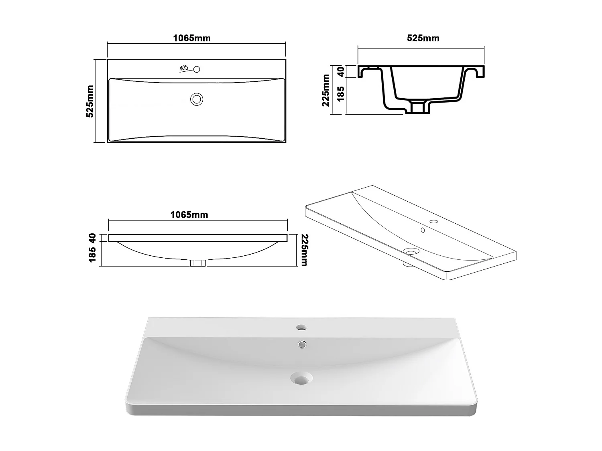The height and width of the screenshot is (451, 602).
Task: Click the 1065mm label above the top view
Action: click(191, 38)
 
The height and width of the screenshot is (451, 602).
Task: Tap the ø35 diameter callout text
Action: click(184, 69)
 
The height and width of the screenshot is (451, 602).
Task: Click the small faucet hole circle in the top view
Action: click(197, 69)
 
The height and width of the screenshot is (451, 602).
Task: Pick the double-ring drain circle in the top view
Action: click(197, 99)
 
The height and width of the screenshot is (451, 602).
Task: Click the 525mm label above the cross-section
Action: click(423, 38)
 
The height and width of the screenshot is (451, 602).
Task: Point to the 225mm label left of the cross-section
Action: click(325, 90)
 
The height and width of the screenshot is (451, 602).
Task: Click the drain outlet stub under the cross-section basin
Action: click(418, 107)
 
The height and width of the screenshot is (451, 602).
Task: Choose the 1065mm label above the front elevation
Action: click(189, 214)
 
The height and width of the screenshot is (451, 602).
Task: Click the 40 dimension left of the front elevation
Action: click(92, 238)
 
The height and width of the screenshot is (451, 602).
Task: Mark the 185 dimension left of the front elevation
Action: click(92, 255)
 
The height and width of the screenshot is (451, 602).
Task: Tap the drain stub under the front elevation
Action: click(197, 263)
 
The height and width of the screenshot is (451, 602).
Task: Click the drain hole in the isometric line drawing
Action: click(411, 252)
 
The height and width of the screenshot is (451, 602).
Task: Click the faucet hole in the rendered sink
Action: click(301, 328)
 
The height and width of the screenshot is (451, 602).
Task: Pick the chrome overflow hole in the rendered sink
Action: click(301, 343)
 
